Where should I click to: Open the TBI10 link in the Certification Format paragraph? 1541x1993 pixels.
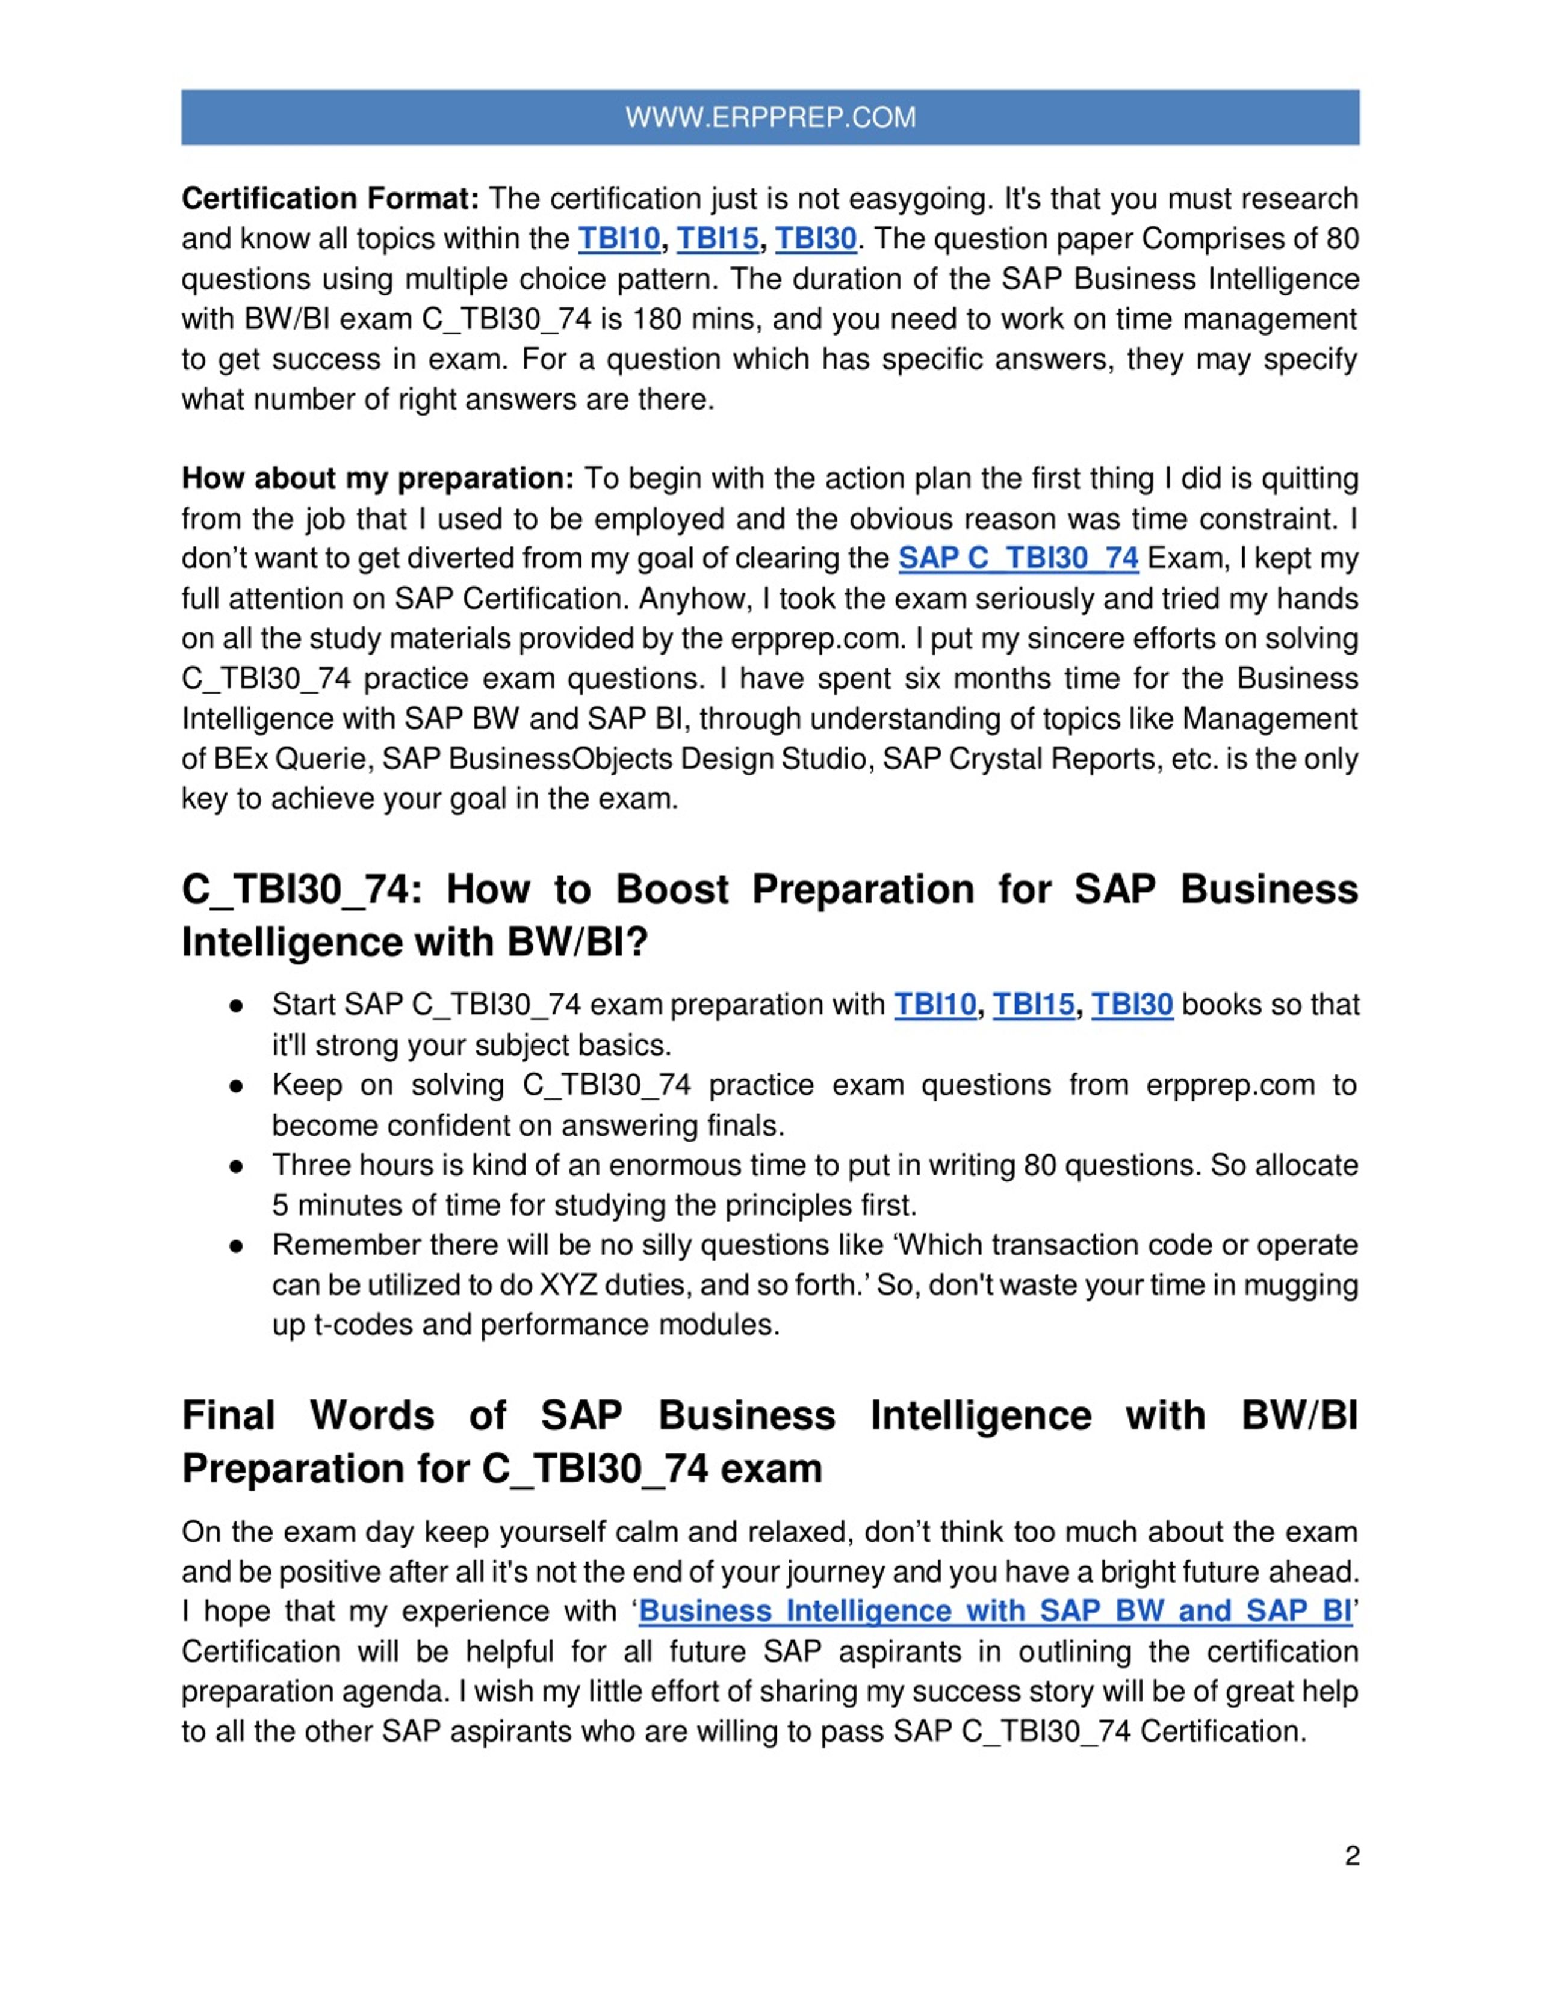(618, 239)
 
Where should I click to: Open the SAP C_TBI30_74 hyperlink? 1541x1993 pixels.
(1018, 558)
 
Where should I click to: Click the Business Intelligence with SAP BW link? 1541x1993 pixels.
(995, 1612)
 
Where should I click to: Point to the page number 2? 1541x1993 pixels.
(1351, 1856)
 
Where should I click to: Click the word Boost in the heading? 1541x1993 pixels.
(672, 890)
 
